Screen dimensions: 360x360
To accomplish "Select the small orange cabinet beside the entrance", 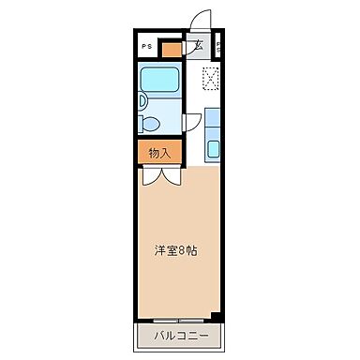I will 170,48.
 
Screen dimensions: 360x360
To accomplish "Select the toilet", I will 150,124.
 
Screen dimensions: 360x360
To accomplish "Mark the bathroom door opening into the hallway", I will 191,121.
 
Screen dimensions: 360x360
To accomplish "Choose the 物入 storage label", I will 159,153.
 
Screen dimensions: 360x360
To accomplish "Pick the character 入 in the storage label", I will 166,153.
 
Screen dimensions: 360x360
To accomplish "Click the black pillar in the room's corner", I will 217,314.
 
